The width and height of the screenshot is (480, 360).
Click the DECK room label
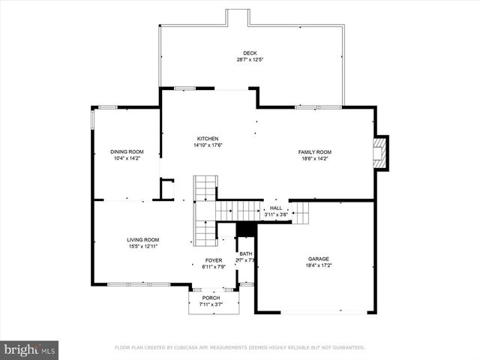250,53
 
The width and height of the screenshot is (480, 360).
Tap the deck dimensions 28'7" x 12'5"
250,60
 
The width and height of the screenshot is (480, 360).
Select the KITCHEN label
208,139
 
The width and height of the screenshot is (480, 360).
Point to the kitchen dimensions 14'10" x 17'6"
208,145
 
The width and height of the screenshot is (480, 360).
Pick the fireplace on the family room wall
381,152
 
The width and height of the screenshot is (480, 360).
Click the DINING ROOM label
127,152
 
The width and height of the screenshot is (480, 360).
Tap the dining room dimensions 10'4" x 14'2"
127,159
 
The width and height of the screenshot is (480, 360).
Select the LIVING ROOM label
142,240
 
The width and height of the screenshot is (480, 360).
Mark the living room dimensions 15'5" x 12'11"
142,247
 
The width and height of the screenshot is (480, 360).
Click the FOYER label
214,260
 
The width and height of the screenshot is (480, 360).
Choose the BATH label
247,254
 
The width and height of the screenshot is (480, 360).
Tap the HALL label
276,208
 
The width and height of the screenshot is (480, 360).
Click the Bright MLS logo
30,349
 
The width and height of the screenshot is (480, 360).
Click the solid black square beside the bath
246,229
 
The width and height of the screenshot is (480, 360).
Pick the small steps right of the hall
300,213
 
